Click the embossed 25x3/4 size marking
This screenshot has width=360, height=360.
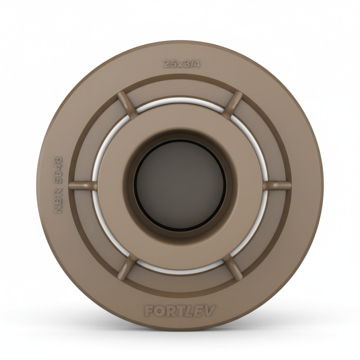tap(182, 64)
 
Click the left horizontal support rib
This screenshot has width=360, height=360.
tap(83, 186)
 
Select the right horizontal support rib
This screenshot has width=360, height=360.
tap(277, 186)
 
